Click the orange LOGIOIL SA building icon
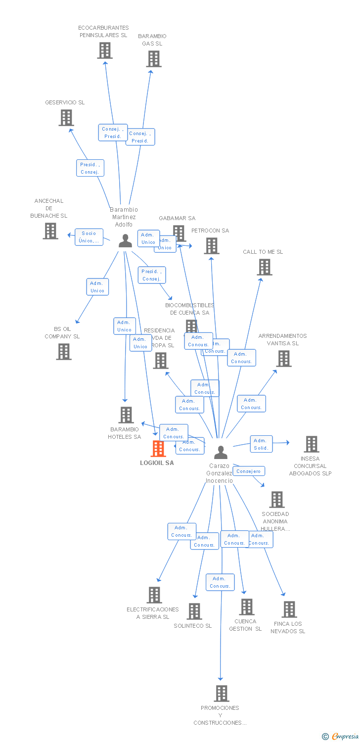point(158,449)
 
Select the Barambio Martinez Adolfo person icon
point(126,241)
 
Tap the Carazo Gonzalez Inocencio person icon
point(221,452)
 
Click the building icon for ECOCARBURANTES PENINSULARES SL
point(105,50)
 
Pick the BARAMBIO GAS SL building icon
point(154,59)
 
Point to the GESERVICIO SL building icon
point(66,118)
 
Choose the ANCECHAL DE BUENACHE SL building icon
point(50,231)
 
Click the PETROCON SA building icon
point(212,246)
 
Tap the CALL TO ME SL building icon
point(265,267)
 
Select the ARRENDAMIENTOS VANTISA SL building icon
point(284,359)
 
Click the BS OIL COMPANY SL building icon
point(64,352)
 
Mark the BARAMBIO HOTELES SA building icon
point(127,415)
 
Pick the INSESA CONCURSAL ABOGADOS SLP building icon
point(312,444)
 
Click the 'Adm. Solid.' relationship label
point(261,444)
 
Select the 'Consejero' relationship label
point(248,471)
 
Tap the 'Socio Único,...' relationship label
point(89,237)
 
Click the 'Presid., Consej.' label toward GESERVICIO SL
point(90,168)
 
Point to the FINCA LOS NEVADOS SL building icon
point(290,609)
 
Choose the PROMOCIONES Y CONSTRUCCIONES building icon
point(222,694)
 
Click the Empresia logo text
point(345,737)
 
